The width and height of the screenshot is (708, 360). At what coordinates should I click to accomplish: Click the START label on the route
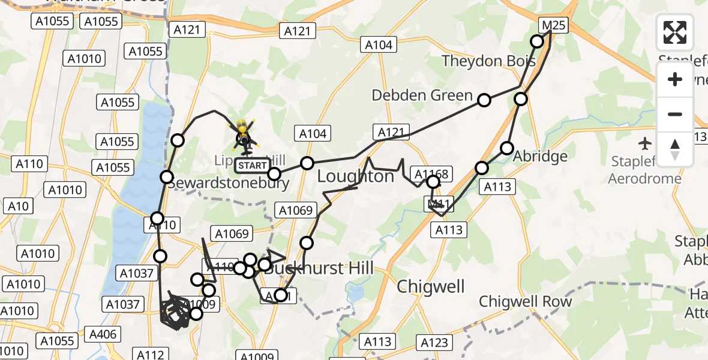click(253, 165)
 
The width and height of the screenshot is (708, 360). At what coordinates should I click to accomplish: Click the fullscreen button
click(675, 32)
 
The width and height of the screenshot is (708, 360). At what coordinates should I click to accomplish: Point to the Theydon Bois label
click(487, 61)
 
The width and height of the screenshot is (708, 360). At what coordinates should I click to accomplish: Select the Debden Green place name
click(422, 95)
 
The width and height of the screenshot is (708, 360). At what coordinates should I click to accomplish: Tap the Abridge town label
click(541, 157)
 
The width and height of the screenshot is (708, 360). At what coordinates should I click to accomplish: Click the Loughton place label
click(355, 176)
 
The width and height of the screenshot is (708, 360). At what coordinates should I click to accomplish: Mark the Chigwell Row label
click(526, 301)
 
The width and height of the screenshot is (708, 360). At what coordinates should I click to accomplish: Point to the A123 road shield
click(434, 343)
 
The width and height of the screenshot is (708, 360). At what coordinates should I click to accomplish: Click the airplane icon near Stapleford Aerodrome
click(645, 143)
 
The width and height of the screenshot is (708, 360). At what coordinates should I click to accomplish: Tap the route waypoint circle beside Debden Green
click(484, 100)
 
